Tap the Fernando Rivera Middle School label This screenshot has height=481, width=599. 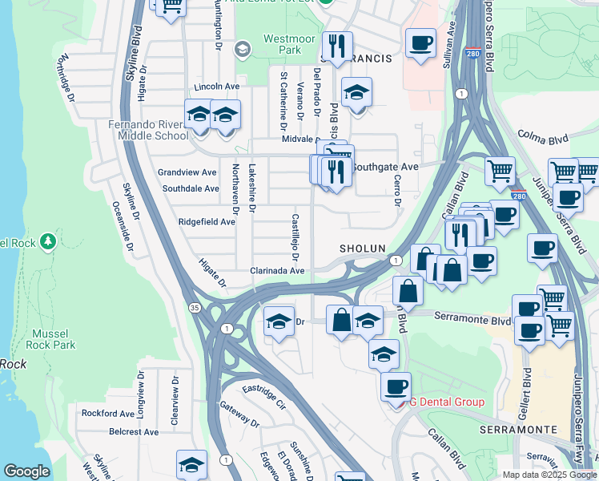point(149,130)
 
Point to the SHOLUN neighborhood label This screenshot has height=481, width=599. point(362,249)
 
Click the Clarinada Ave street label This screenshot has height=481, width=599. point(277,271)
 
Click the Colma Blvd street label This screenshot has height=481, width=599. point(542,139)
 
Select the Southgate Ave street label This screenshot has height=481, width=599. point(386,167)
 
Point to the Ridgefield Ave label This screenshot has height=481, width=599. point(207,221)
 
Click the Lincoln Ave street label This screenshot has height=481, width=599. point(217,87)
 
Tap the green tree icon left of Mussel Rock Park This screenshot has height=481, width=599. point(48,240)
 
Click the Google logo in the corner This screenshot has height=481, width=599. point(26,471)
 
